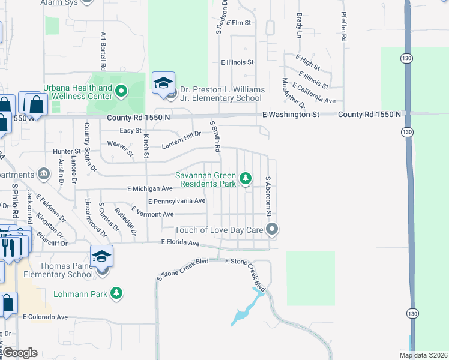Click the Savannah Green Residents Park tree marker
245,178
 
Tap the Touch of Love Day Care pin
273,229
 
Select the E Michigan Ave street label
150,188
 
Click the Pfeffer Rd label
344,28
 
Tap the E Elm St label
236,22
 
